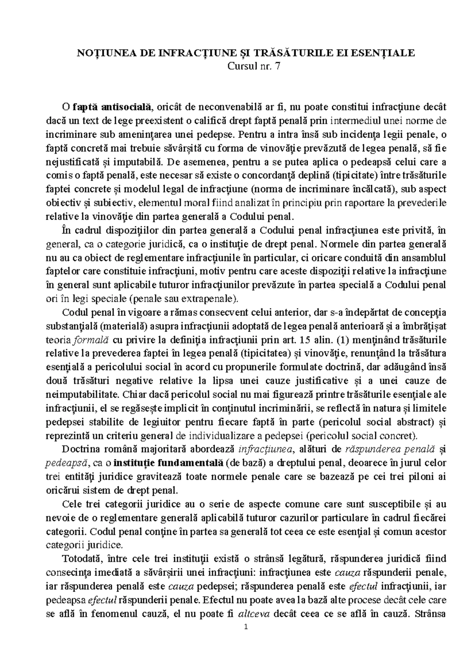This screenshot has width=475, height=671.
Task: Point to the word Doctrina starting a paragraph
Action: click(81, 449)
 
